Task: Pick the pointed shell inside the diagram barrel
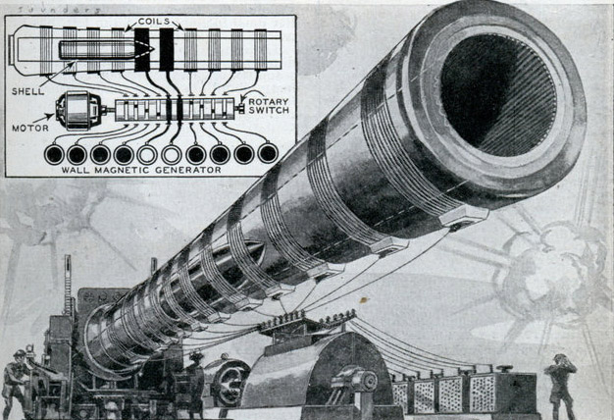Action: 98,47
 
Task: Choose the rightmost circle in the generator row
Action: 267,153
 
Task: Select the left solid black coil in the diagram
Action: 141,48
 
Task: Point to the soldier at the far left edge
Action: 14,383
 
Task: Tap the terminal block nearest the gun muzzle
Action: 464,215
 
